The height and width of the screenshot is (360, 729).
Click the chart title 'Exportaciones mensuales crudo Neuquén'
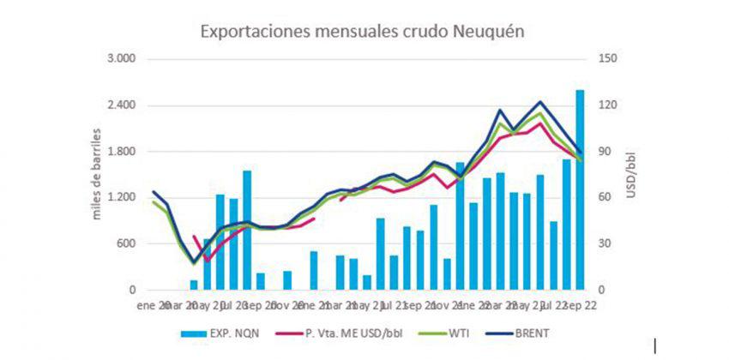[x=362, y=32]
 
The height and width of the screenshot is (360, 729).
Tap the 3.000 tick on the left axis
[x=121, y=59]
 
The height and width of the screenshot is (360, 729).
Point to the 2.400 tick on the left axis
[x=121, y=105]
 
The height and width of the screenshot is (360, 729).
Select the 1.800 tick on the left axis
[x=121, y=152]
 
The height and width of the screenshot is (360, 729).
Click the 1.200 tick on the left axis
[x=121, y=198]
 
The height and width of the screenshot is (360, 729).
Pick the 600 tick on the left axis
[x=126, y=244]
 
